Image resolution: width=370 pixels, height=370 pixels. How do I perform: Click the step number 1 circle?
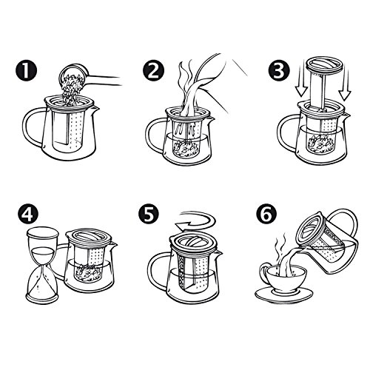pos(26,71)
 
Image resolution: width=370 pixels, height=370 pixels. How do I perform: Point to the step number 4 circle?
pos(27,215)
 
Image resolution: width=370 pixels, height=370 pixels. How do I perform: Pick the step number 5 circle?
pos(149,215)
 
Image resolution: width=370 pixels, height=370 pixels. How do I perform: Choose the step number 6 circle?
pos(266,215)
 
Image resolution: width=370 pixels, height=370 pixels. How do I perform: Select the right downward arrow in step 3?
pos(345,85)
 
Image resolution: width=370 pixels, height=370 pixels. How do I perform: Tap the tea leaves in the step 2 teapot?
pos(185,147)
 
